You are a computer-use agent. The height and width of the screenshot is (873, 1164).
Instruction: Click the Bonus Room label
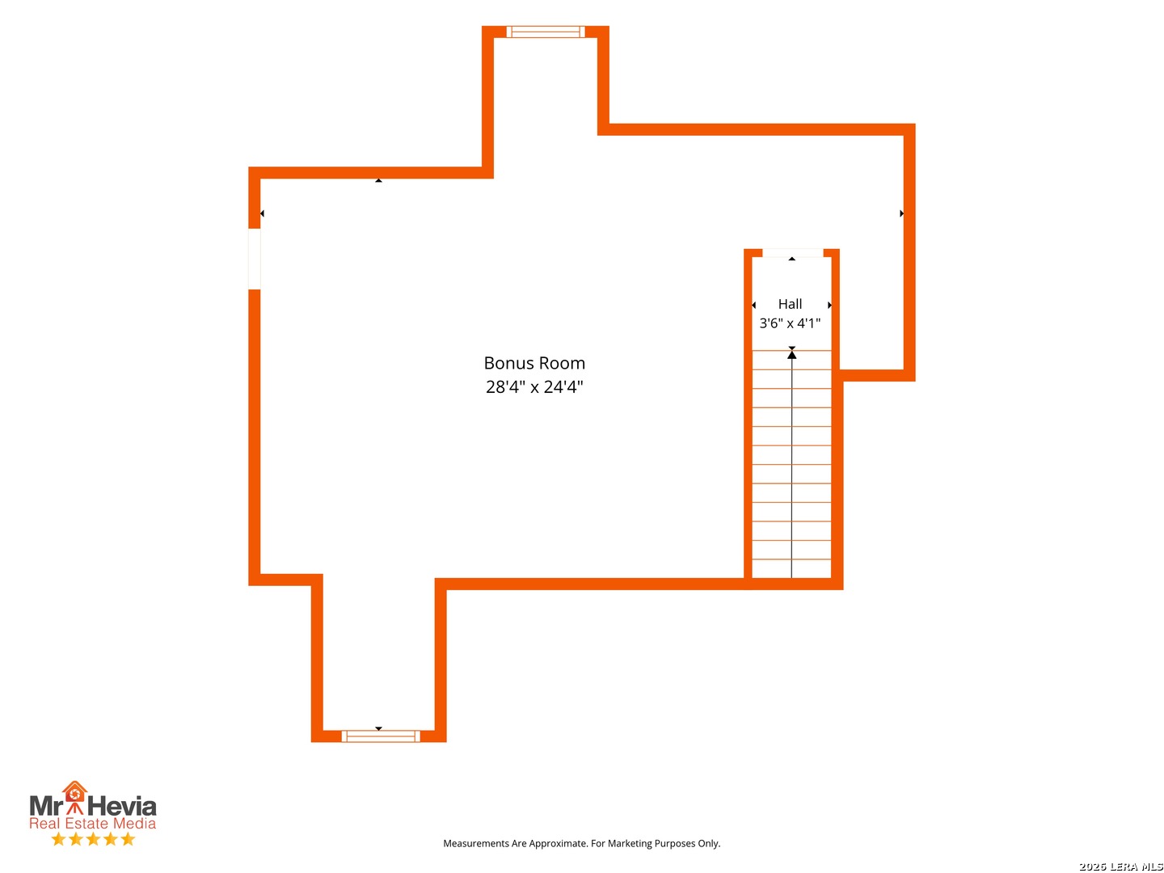(x=534, y=363)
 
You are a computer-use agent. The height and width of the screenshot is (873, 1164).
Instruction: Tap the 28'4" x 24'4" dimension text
(x=534, y=387)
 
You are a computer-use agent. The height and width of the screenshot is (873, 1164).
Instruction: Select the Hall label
(x=790, y=304)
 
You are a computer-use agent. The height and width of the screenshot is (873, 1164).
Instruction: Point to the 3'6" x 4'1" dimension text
(x=790, y=323)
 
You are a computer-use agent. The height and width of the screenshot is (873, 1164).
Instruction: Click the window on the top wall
(x=545, y=32)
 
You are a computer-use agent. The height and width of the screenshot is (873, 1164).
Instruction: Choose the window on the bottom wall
(x=380, y=736)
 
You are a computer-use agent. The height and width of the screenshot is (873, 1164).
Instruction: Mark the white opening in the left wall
(x=254, y=259)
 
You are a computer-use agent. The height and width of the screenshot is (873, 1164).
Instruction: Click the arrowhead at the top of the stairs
(x=791, y=354)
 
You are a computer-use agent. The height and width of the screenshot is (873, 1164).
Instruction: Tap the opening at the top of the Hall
(x=793, y=253)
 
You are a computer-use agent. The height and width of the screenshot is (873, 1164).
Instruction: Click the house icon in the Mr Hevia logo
(x=74, y=791)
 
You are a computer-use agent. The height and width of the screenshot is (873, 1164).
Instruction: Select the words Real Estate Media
(x=92, y=823)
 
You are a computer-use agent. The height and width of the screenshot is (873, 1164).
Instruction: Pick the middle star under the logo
(x=93, y=839)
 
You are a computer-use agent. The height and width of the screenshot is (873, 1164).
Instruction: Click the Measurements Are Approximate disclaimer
(x=582, y=843)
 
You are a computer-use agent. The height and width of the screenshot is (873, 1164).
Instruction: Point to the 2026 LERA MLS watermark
(x=1120, y=866)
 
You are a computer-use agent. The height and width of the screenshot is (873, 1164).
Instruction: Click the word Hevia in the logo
(x=121, y=806)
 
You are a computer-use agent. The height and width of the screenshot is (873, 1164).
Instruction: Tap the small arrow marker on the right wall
(x=901, y=213)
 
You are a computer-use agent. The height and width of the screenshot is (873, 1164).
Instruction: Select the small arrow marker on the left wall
(x=262, y=213)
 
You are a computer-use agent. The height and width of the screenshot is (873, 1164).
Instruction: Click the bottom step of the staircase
(x=791, y=569)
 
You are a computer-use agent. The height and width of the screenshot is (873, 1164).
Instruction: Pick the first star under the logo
(x=58, y=839)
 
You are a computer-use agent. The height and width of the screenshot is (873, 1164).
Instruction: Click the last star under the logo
(x=128, y=839)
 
